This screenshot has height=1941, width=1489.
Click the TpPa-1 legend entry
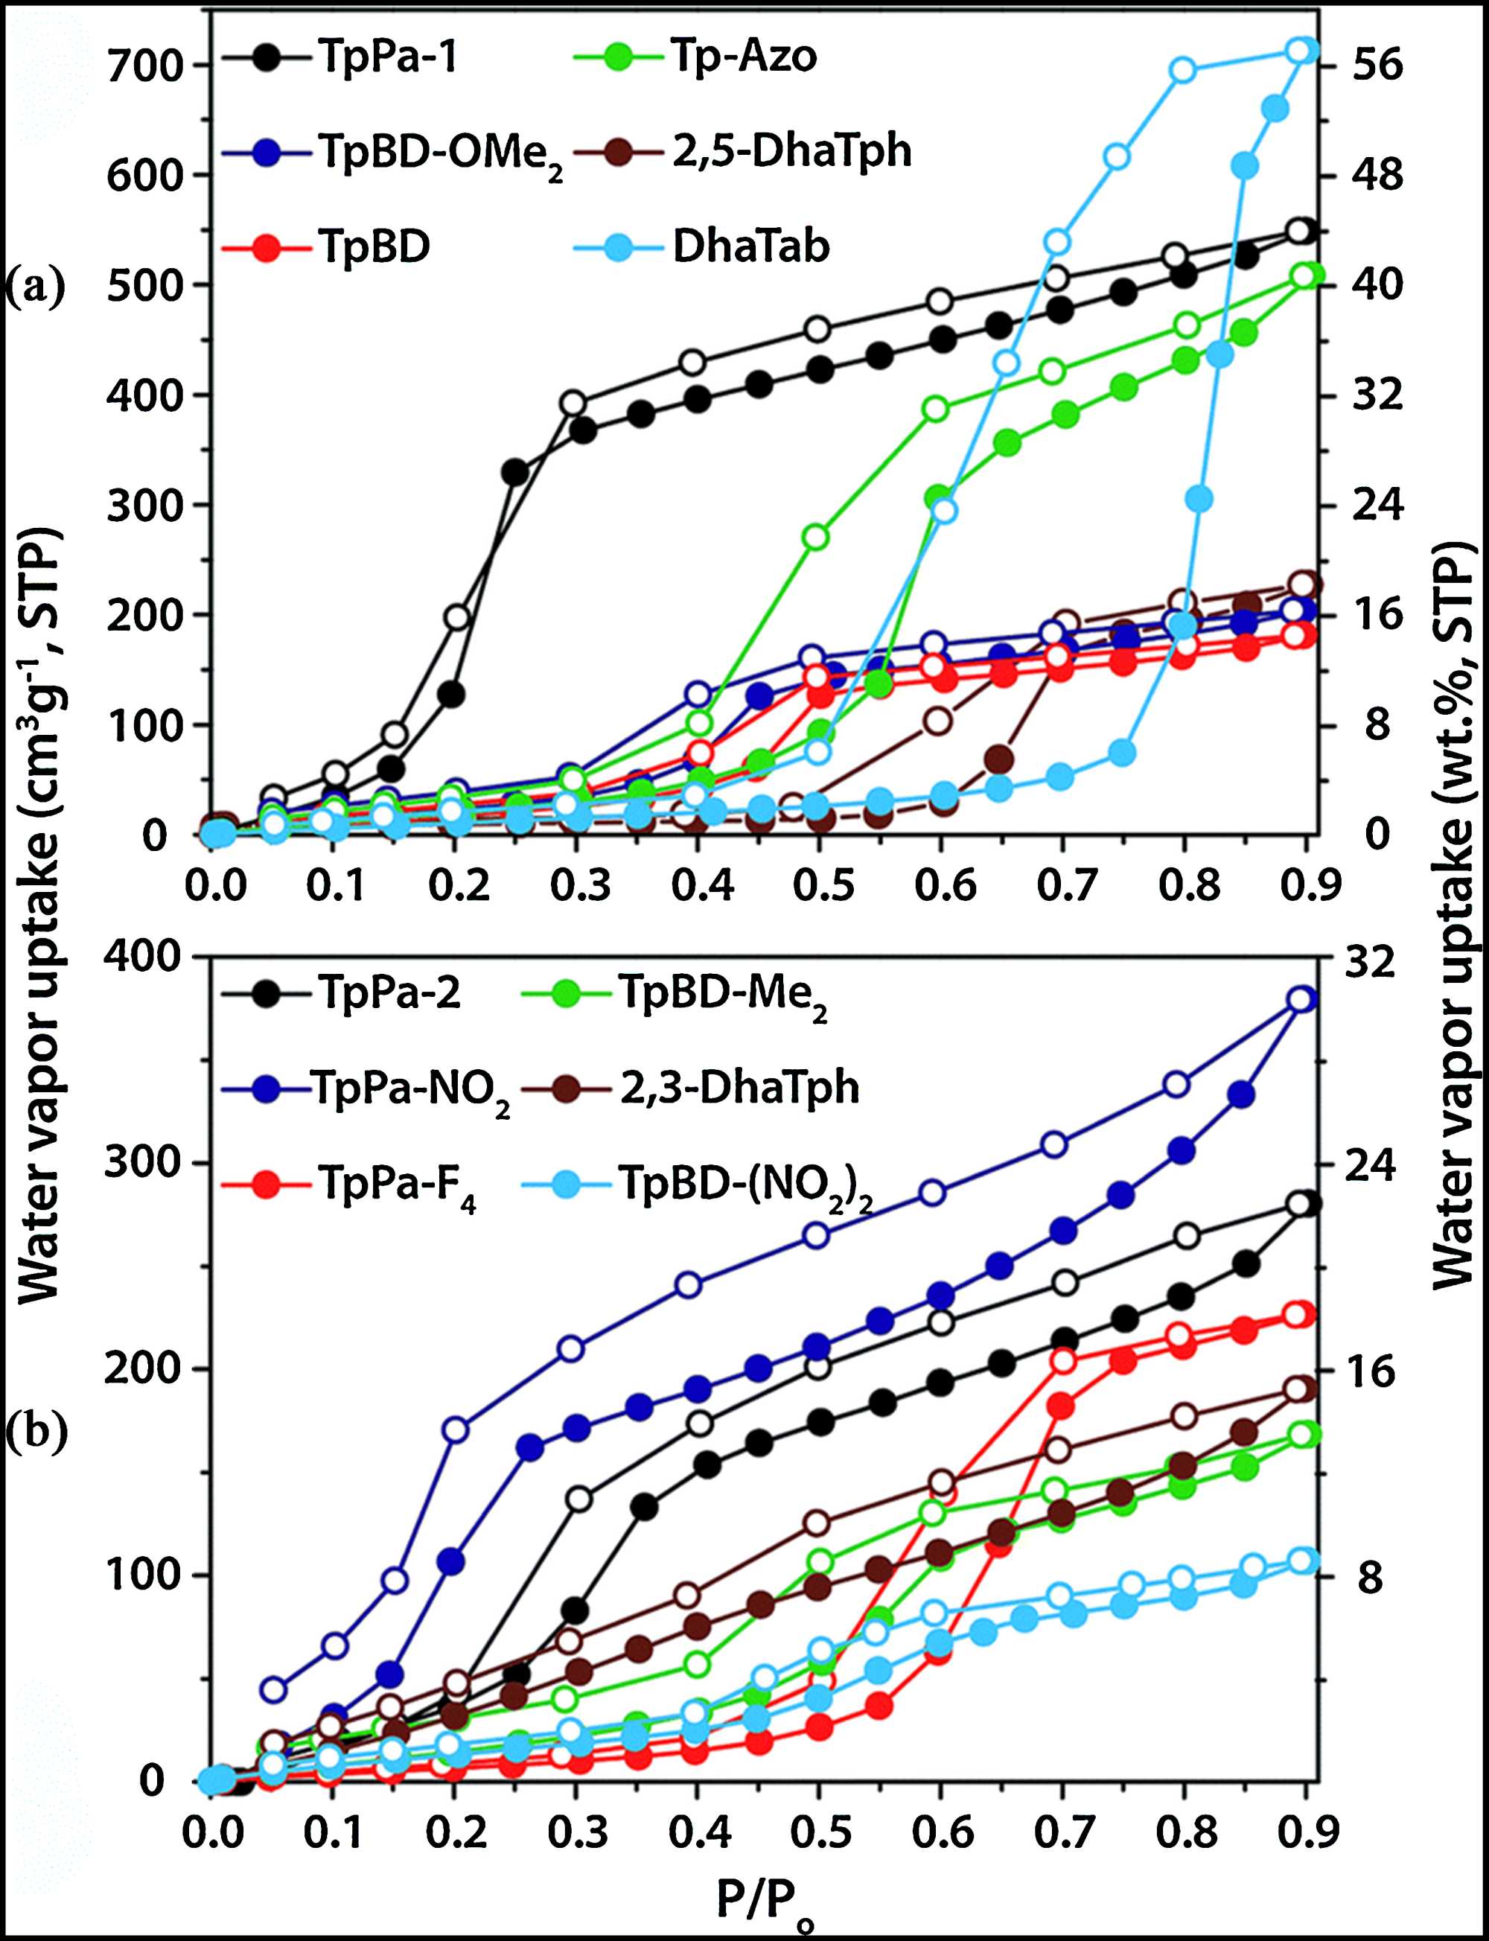point(386,57)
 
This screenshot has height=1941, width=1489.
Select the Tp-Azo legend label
point(743,57)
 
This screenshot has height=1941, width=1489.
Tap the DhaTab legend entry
point(750,246)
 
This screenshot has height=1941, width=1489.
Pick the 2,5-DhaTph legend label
point(791,150)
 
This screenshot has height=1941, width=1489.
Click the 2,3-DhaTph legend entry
point(739,1088)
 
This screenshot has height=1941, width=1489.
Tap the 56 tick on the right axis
point(1377,65)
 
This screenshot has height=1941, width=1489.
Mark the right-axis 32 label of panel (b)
point(1369,962)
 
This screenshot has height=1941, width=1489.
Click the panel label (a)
point(36,287)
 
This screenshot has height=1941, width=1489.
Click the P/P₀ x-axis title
point(764,1899)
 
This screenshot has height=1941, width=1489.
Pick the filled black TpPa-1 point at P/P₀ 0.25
point(515,472)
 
